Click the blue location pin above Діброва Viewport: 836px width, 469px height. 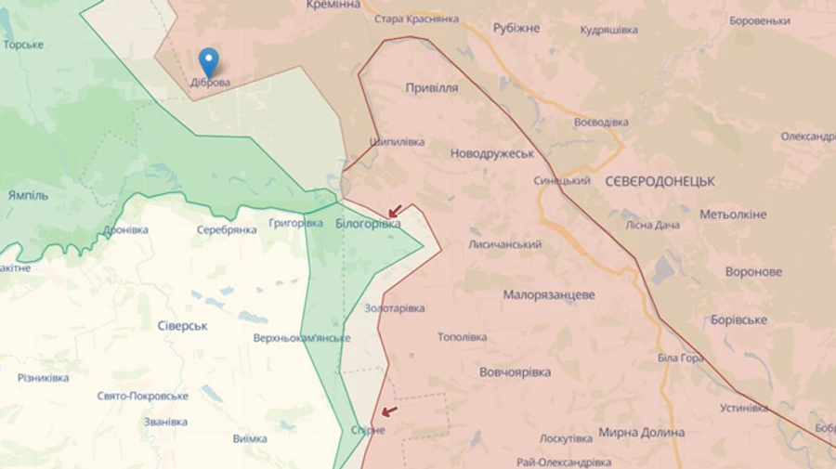(x=209, y=60)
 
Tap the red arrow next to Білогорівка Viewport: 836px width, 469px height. (x=395, y=211)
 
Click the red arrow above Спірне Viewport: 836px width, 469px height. (x=388, y=411)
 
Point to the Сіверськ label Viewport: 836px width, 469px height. (x=182, y=326)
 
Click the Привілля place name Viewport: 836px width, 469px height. (x=431, y=87)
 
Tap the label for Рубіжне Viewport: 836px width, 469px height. (x=516, y=28)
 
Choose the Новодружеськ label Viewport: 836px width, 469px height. (x=492, y=153)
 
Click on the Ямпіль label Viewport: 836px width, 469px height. (x=28, y=196)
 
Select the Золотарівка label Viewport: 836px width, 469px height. (x=394, y=308)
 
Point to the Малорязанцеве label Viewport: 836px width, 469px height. (x=549, y=295)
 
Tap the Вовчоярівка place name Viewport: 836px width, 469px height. (x=515, y=372)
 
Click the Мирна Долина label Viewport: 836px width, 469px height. (x=642, y=433)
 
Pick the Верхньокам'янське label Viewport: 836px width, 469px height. (x=302, y=338)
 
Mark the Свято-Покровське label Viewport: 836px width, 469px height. (x=142, y=396)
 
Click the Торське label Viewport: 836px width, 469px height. (x=23, y=45)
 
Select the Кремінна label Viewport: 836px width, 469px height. (x=333, y=6)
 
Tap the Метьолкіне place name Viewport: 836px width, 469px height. (x=733, y=215)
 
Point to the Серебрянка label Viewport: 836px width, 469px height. (x=227, y=229)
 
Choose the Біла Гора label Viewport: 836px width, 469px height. (x=680, y=358)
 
